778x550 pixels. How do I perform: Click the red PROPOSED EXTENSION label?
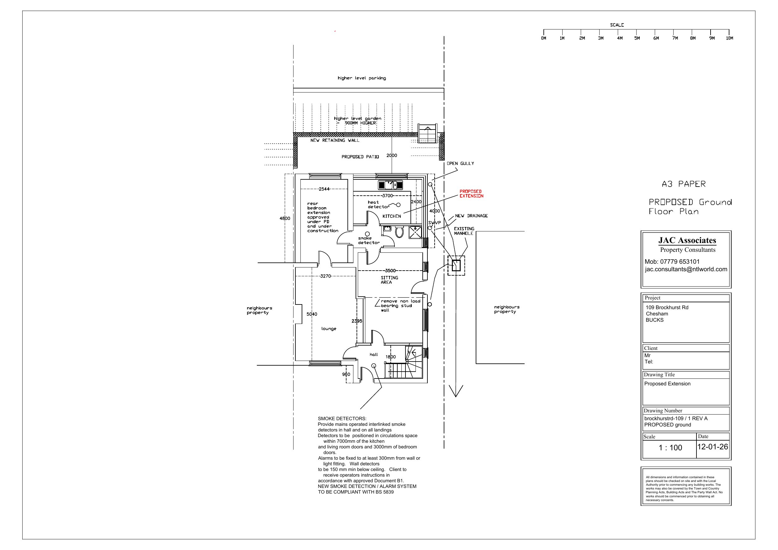(x=471, y=193)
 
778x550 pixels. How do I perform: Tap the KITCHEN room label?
(x=392, y=216)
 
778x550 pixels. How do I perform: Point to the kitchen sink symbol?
(x=390, y=185)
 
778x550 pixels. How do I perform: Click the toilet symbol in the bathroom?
(x=400, y=232)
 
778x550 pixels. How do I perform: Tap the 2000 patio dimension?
(x=392, y=155)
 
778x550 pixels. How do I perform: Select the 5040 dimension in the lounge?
(x=312, y=314)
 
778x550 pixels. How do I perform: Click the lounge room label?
(x=329, y=329)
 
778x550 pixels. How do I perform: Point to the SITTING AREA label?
(x=389, y=280)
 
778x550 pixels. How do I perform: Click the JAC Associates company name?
(x=687, y=240)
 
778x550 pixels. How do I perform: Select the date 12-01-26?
(x=712, y=447)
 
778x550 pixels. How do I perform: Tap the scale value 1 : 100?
(x=670, y=448)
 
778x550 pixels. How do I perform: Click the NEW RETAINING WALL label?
(x=335, y=140)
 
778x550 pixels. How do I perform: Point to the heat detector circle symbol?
(x=399, y=205)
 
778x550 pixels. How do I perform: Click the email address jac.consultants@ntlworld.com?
(x=686, y=269)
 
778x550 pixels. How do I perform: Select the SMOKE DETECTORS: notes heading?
(x=342, y=419)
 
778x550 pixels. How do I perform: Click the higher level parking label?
(x=362, y=78)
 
